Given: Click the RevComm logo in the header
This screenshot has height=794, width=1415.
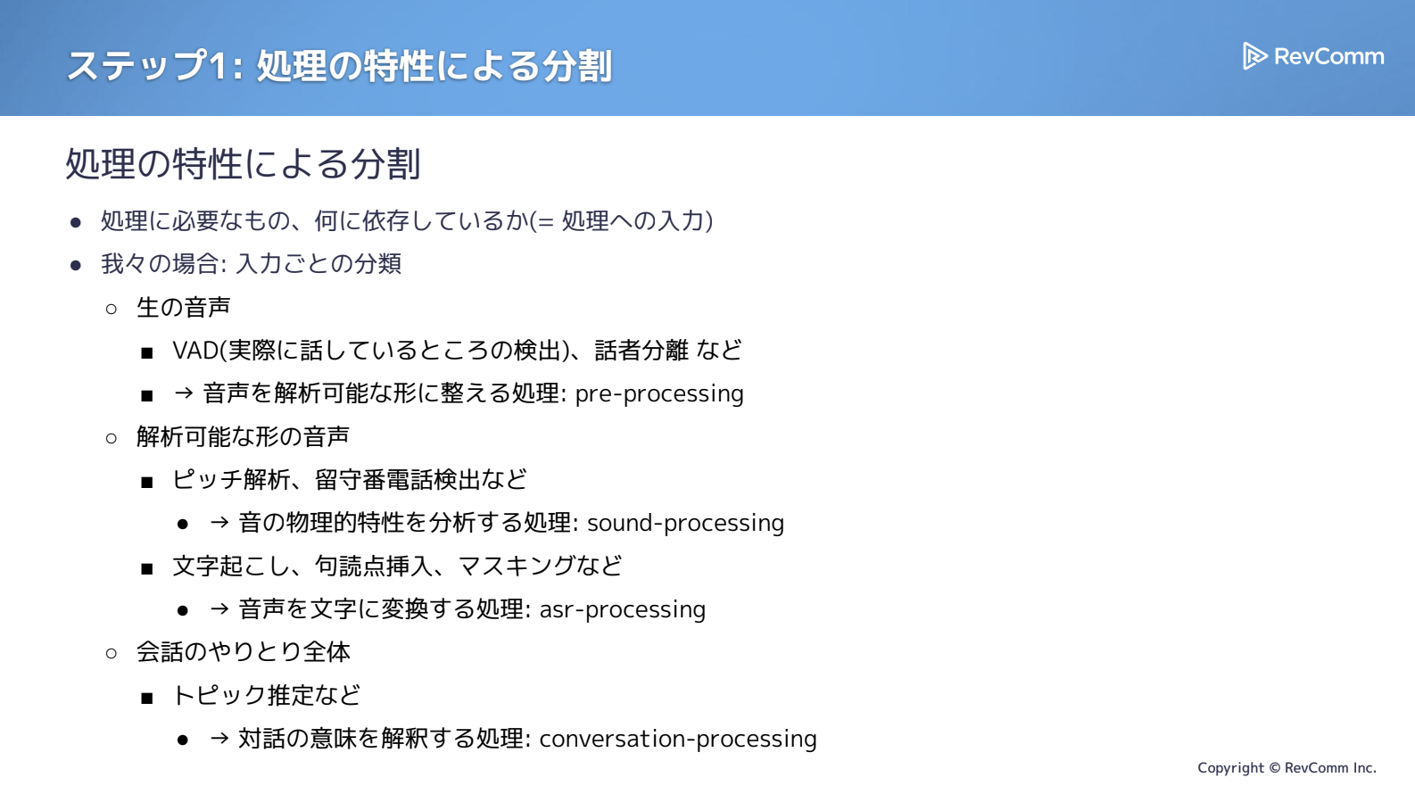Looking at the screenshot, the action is tap(1313, 56).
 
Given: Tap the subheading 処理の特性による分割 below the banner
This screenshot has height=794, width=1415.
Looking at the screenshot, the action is tap(244, 164).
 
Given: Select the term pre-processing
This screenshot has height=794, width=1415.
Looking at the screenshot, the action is tap(658, 394).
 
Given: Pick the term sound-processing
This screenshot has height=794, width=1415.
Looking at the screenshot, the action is tap(685, 523).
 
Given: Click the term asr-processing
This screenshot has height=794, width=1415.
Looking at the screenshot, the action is tap(622, 609).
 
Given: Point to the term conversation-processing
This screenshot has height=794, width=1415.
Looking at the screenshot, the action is tap(678, 739).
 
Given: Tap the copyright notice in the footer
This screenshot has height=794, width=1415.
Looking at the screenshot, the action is tap(1287, 768).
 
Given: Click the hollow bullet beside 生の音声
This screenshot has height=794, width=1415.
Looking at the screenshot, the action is tap(112, 309).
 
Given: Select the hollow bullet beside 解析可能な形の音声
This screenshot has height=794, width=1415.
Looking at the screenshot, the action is tap(112, 438).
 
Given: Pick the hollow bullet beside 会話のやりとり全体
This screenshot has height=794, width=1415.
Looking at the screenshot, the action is tap(112, 653).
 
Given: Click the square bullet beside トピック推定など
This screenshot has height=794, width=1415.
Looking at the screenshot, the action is tap(147, 698).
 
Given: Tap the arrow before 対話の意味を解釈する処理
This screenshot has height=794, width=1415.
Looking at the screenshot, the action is tap(219, 738).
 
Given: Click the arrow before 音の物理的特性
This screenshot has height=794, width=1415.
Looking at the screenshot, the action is tap(219, 523).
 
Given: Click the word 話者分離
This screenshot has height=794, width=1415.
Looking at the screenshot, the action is tap(641, 351).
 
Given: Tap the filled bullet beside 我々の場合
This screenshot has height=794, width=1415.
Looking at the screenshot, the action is tap(76, 265).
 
